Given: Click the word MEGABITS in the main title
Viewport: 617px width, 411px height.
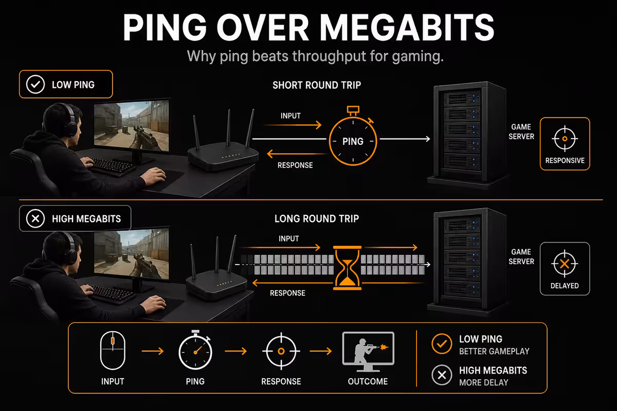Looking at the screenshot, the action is click(x=407, y=28).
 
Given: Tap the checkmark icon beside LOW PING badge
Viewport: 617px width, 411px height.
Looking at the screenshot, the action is click(x=35, y=85).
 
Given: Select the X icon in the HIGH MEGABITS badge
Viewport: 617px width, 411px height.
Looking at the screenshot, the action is click(x=35, y=219).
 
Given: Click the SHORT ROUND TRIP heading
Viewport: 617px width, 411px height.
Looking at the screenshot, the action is click(x=317, y=85).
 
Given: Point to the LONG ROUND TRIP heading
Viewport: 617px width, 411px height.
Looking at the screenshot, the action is click(x=317, y=219).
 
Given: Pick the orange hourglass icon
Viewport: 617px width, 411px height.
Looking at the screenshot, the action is click(x=348, y=268).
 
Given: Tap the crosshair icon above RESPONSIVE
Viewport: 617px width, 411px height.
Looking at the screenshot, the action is click(x=565, y=139).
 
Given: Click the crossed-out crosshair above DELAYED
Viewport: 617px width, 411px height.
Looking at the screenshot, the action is click(x=565, y=264).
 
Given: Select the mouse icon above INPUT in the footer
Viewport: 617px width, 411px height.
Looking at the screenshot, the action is click(x=113, y=350).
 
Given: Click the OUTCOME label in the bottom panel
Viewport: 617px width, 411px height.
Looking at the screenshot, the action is click(x=368, y=382).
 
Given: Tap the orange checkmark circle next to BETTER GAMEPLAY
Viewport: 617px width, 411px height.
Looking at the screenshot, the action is click(x=442, y=344).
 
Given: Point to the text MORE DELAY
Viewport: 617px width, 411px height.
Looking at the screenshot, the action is click(x=484, y=383).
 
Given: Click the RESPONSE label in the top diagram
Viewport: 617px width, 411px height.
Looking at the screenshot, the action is click(x=295, y=165).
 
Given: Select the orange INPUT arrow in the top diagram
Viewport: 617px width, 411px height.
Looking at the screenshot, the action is click(x=293, y=125).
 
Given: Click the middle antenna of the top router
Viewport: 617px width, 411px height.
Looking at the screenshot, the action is click(x=228, y=128).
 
